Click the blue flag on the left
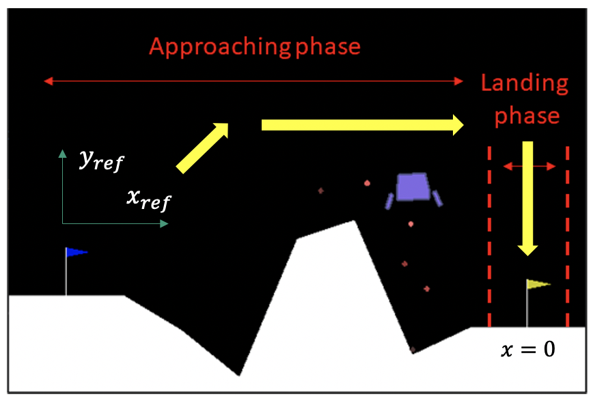[x=77, y=252]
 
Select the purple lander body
[x=413, y=186]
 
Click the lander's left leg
[x=389, y=201]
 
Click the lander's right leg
[x=437, y=199]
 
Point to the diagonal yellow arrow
[x=203, y=148]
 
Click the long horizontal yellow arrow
[x=362, y=125]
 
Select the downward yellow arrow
[x=527, y=198]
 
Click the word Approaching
[x=220, y=48]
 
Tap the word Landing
[x=525, y=83]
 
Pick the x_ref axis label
[x=149, y=200]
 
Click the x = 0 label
[x=528, y=349]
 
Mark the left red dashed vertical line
[x=489, y=236]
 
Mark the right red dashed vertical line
[x=567, y=236]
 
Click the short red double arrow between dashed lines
[x=529, y=166]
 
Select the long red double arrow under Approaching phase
[x=253, y=81]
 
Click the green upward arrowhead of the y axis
[x=62, y=154]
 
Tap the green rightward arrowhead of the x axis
[x=164, y=224]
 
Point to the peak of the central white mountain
[x=354, y=221]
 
